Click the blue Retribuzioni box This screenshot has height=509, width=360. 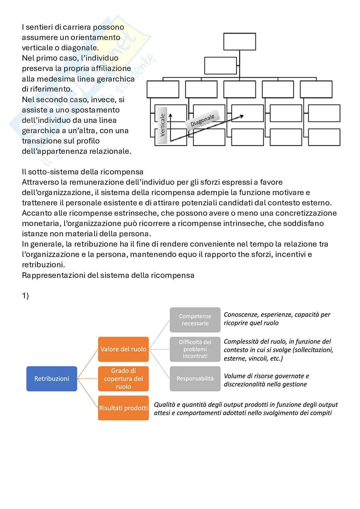(52, 378)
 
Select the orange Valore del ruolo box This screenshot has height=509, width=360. (123, 349)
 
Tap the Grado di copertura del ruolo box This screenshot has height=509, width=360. (123, 378)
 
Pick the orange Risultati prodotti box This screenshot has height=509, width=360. (123, 408)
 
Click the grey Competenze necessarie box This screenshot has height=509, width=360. (195, 320)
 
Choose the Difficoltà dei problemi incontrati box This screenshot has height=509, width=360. (195, 349)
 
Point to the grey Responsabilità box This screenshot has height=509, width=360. (195, 378)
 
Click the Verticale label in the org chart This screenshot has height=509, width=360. (162, 125)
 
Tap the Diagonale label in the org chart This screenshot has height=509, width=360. (202, 120)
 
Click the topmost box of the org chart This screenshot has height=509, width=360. (239, 42)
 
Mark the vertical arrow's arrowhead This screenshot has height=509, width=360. (170, 115)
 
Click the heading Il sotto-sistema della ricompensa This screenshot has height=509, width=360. (83, 172)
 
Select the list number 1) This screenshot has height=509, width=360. (25, 296)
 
